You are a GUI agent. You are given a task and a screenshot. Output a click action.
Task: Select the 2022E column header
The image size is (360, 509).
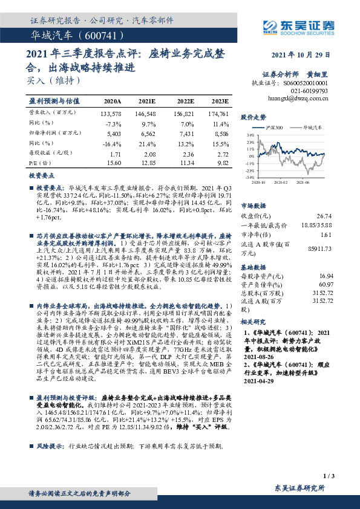(x=186, y=101)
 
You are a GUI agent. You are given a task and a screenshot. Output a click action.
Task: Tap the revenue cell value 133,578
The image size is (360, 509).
(x=113, y=113)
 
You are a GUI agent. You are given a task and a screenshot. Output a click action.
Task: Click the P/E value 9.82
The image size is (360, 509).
(x=222, y=163)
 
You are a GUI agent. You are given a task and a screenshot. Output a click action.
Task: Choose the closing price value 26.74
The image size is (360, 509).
(x=325, y=215)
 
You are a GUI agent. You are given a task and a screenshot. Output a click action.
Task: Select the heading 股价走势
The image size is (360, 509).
(x=254, y=117)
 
